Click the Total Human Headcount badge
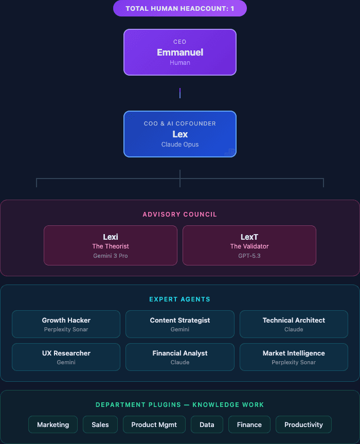click(x=179, y=8)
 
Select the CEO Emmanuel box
click(x=179, y=52)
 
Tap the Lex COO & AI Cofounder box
click(x=179, y=134)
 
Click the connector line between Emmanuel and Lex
click(x=179, y=93)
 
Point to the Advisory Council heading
click(x=179, y=214)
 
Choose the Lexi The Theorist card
click(x=111, y=245)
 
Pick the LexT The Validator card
click(x=249, y=245)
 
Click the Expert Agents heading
click(x=179, y=299)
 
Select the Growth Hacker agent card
click(x=66, y=324)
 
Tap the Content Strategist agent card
click(x=179, y=324)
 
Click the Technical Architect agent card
click(x=294, y=324)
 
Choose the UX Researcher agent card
click(x=66, y=357)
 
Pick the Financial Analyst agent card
click(x=179, y=357)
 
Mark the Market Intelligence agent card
click(x=294, y=357)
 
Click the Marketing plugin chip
click(x=53, y=424)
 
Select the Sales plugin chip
click(x=100, y=424)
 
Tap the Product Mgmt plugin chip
click(x=154, y=424)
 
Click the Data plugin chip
click(x=207, y=424)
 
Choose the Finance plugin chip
click(x=249, y=424)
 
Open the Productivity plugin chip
click(x=303, y=424)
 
